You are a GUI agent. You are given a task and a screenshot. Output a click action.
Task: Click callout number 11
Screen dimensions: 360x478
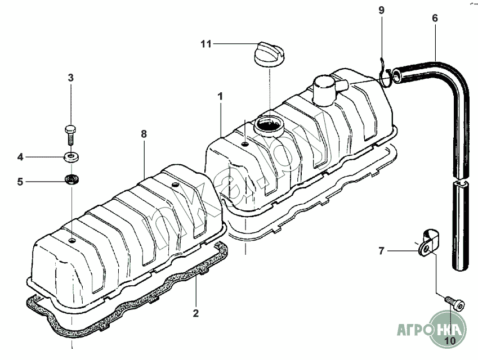pos(206,44)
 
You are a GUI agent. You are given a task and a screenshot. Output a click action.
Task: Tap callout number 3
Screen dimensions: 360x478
pos(71,78)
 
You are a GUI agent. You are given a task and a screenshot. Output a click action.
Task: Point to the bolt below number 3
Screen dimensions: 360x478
pos(71,133)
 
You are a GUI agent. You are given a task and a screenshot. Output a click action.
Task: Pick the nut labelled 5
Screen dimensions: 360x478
pos(72,180)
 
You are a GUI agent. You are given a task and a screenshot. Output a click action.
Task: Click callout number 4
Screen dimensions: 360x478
pos(20,157)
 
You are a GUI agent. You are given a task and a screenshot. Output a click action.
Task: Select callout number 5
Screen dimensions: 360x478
pos(20,182)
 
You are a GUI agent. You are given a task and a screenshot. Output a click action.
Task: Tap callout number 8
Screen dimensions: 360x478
pos(144,133)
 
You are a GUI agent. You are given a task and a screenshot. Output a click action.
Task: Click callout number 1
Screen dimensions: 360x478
pos(221,97)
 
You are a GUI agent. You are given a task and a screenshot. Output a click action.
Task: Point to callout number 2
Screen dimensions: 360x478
pos(195,313)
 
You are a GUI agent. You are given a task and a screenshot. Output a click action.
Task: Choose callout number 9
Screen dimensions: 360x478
pos(381,11)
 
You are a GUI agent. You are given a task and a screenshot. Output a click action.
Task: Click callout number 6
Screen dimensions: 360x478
pos(435,18)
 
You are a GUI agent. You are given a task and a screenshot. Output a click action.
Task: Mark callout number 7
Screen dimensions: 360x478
pos(381,251)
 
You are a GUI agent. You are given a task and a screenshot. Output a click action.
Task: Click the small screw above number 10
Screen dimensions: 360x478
pos(455,304)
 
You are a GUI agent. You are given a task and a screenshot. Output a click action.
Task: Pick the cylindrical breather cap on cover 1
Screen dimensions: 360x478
pos(324,88)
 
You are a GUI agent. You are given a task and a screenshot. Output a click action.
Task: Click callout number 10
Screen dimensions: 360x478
pos(450,340)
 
